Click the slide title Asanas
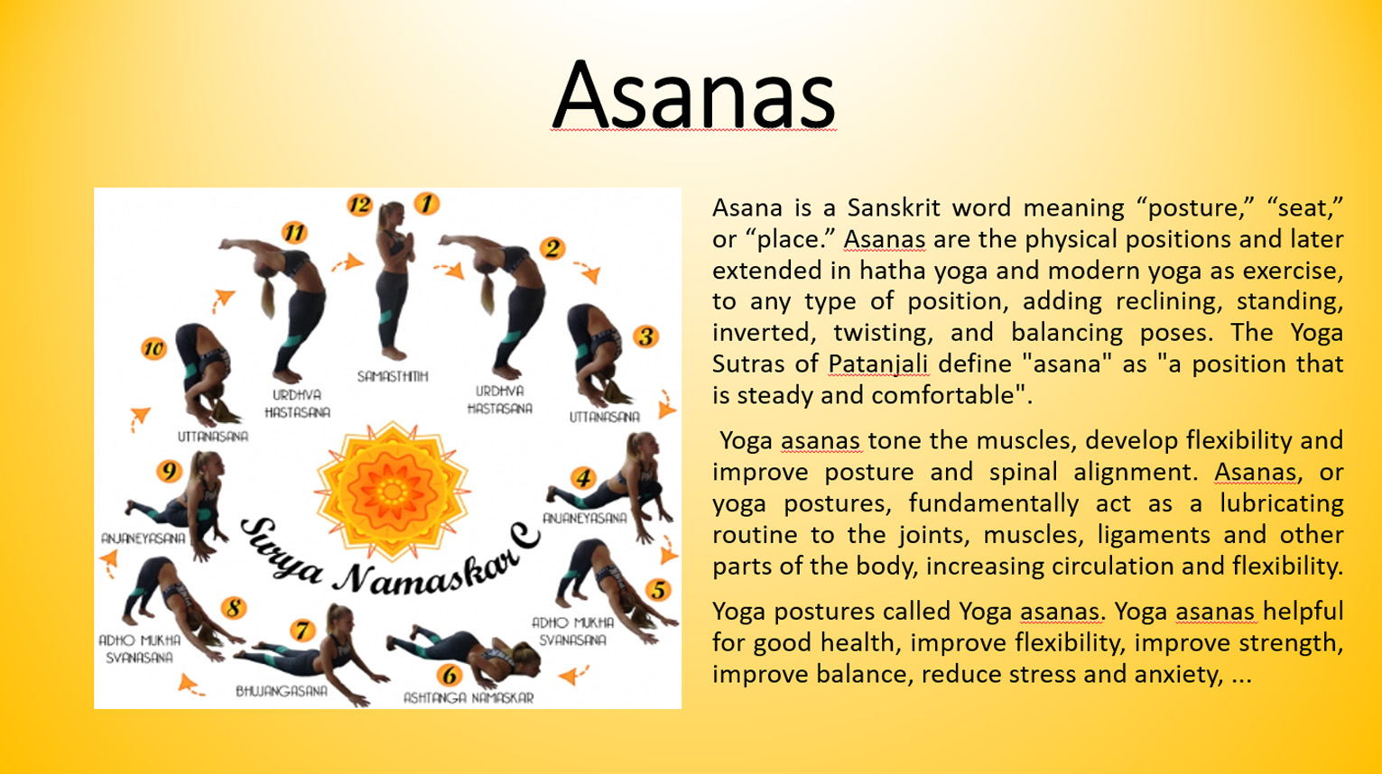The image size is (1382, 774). [693, 95]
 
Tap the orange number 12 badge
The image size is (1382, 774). [359, 204]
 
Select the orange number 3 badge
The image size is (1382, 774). [645, 336]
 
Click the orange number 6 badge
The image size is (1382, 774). [450, 676]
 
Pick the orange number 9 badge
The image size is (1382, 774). [169, 471]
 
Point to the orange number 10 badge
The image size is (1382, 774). [153, 349]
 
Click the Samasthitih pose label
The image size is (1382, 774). [393, 376]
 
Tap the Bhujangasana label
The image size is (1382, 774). [282, 691]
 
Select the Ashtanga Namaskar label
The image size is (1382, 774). [468, 697]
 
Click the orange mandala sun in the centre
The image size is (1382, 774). [392, 491]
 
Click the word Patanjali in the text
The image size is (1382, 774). [878, 364]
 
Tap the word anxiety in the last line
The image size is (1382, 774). [1181, 674]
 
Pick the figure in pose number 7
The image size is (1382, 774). [311, 654]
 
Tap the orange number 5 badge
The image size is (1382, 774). [658, 590]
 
